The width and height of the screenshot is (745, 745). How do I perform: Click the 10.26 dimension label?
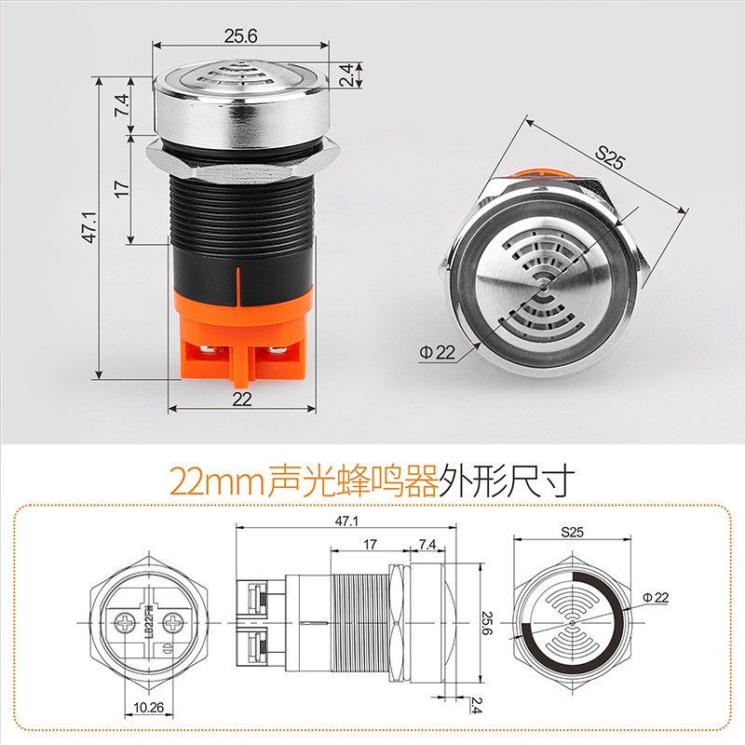[x=149, y=708]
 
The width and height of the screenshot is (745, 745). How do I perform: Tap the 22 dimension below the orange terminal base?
[x=242, y=400]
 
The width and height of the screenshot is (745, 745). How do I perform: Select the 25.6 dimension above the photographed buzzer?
[x=241, y=36]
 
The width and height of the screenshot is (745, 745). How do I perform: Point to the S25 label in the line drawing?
[x=572, y=532]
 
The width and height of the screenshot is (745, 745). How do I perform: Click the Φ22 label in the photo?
[x=437, y=353]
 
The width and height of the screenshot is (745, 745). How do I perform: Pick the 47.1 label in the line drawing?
[x=346, y=521]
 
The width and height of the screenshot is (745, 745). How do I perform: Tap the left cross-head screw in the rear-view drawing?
[x=125, y=622]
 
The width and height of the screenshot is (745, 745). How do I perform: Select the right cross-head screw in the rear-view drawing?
[x=173, y=622]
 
